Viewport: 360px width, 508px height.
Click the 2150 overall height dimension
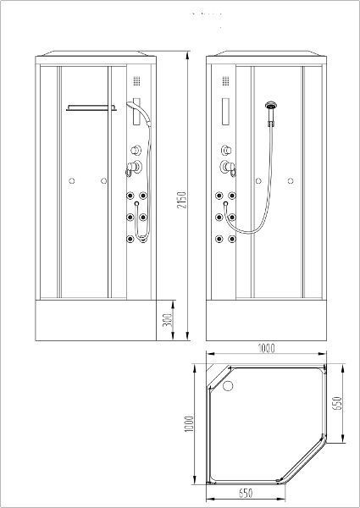(x=182, y=200)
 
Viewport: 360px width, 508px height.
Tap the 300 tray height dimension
(x=169, y=320)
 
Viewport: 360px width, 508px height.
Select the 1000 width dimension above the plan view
(x=266, y=348)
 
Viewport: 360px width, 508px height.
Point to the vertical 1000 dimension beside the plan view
(x=189, y=424)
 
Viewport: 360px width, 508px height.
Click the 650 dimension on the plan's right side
(x=338, y=403)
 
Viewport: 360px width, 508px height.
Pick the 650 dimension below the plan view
(x=246, y=494)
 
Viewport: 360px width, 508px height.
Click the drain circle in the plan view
(x=228, y=386)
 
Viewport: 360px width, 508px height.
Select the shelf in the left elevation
(x=91, y=108)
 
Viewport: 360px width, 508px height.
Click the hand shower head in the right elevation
(x=270, y=105)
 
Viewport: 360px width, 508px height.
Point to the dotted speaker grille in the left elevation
(x=136, y=81)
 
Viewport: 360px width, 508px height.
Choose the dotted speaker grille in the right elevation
(x=225, y=81)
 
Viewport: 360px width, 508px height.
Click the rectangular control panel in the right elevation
(x=225, y=112)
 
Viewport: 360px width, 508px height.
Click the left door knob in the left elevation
(x=72, y=181)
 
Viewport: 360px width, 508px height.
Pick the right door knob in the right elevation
(x=291, y=181)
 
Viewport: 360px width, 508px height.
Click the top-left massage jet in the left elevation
(x=130, y=196)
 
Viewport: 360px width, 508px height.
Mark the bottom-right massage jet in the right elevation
(x=232, y=239)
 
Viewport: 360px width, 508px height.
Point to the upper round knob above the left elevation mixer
(x=136, y=150)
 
